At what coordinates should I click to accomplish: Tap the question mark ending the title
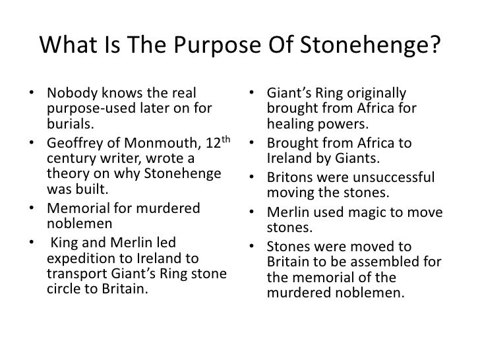[x=432, y=45]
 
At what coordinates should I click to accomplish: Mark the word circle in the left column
[x=64, y=288]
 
